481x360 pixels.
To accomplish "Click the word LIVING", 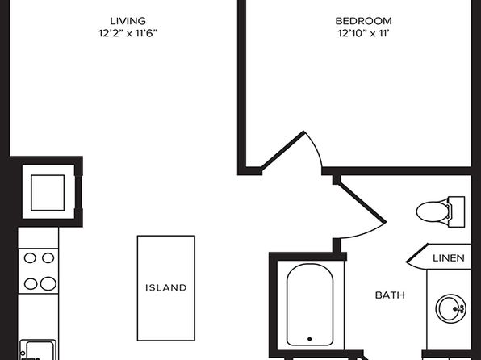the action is point(128,21).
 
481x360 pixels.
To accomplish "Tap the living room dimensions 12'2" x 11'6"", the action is point(128,33).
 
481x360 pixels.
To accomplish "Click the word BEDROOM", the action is point(363,21).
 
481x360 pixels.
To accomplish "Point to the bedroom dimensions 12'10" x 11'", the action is point(363,33).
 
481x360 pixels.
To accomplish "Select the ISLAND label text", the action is point(166,287).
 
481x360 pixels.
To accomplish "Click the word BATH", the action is point(390,295).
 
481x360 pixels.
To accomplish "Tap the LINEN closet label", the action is point(449,258).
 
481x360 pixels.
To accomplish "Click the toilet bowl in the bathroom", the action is point(433,211).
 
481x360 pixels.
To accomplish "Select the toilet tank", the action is point(457,211).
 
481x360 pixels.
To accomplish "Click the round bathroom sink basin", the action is point(450,308).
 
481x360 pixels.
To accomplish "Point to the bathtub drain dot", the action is point(310,339).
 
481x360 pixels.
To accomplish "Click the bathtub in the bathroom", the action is point(310,304).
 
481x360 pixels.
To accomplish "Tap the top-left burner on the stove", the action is point(30,258).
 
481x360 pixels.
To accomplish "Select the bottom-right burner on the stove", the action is point(48,283).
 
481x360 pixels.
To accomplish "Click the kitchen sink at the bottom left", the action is point(38,350).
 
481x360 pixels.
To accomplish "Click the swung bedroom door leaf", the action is point(282,151).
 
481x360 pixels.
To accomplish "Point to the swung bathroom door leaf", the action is point(362,203).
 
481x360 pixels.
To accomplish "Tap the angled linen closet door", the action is point(417,253).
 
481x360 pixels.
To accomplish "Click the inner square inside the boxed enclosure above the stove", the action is point(48,193).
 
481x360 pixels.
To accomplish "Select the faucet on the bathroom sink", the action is point(459,308).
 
